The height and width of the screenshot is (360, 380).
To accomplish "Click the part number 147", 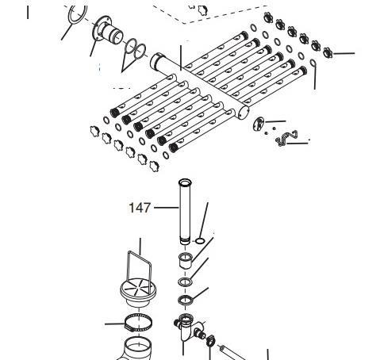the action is (x=140, y=208).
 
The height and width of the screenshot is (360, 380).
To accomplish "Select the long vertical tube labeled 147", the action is (x=185, y=212).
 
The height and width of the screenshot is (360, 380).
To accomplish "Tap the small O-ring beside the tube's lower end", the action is (x=200, y=241).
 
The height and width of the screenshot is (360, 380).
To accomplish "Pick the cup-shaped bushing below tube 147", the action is (x=185, y=260).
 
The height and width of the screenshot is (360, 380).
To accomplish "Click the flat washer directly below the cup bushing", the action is (x=185, y=282).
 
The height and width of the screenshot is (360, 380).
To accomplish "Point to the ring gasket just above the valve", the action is (x=185, y=300).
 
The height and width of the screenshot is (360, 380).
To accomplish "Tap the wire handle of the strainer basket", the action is (x=140, y=270).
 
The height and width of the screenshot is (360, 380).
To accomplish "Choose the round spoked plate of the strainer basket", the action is (x=138, y=288).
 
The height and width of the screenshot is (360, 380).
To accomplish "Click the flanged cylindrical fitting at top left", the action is (x=108, y=31).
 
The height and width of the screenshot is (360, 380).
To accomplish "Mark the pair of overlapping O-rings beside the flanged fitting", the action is (x=136, y=49).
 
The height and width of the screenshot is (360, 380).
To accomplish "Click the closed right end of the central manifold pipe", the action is (x=244, y=113).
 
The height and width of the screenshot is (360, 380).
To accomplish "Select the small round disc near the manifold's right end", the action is (x=259, y=124).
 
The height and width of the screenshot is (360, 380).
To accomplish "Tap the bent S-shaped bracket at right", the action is (x=286, y=137).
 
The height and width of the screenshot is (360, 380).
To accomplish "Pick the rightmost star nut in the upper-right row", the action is (x=328, y=52).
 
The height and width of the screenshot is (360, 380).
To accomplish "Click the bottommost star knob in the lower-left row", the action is (x=154, y=166).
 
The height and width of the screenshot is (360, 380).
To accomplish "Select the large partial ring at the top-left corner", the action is (x=78, y=14).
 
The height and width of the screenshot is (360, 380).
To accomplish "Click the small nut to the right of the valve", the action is (x=210, y=340).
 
